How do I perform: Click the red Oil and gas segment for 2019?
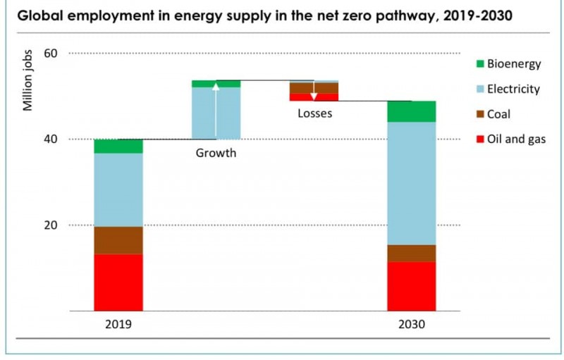(118, 282)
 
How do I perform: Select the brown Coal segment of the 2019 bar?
(118, 240)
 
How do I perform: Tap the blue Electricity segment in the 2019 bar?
(118, 190)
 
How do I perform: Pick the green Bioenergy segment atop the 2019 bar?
(118, 146)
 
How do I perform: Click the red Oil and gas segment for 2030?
(411, 286)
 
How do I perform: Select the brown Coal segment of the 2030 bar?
(411, 253)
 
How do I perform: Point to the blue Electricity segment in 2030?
(411, 183)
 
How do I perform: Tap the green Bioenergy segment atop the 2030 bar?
(411, 111)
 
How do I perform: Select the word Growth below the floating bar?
(216, 153)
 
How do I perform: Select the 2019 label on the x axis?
(118, 325)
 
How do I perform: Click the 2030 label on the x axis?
(411, 325)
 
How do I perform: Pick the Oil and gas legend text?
(517, 139)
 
